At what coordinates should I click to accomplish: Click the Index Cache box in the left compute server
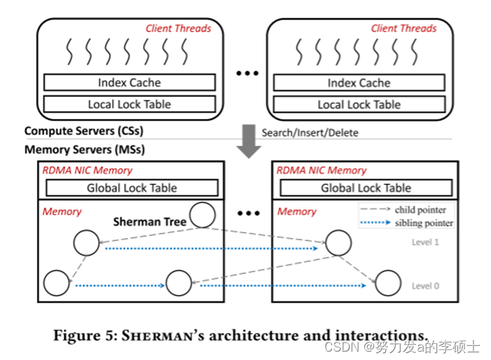130,83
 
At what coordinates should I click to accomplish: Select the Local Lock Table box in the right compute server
359,105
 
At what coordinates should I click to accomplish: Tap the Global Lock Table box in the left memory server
131,188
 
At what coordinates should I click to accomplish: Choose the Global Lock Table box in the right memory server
365,188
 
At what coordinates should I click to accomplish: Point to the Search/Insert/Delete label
305,132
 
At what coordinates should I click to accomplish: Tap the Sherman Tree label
150,221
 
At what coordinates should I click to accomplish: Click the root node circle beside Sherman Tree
202,216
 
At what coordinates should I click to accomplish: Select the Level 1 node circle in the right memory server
338,242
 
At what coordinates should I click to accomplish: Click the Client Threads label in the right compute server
403,29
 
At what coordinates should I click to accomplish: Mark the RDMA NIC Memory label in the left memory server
88,170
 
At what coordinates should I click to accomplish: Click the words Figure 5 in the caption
85,335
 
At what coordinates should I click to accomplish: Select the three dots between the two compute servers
247,74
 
